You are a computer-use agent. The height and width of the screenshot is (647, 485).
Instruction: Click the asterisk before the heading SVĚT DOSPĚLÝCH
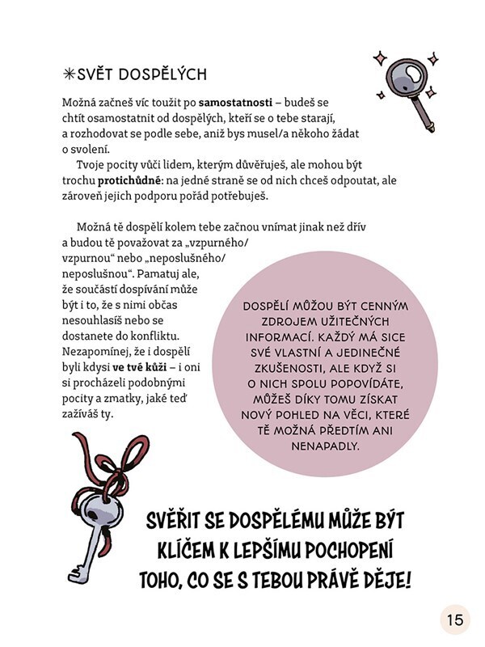68,74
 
